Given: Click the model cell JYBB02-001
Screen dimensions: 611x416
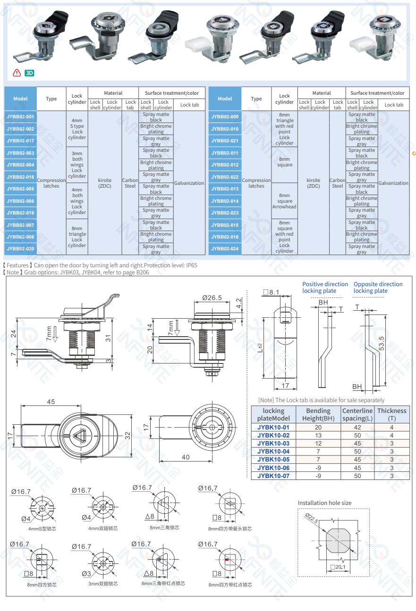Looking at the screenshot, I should pyautogui.click(x=20, y=116).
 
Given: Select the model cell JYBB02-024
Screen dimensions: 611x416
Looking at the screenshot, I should pyautogui.click(x=225, y=248).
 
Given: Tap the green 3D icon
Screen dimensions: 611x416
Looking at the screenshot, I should pyautogui.click(x=29, y=73).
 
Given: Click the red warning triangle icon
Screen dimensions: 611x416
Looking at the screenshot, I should pyautogui.click(x=17, y=73).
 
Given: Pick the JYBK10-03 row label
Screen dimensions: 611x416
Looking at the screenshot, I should pyautogui.click(x=273, y=444).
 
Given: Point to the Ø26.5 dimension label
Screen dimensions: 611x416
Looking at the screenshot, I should pyautogui.click(x=212, y=297).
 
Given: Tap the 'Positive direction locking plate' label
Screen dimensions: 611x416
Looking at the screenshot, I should pyautogui.click(x=325, y=287).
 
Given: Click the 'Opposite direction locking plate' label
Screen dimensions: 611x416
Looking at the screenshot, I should pyautogui.click(x=378, y=287).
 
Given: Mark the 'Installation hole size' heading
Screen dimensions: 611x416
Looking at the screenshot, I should pyautogui.click(x=324, y=503).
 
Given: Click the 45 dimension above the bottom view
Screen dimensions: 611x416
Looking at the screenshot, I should pyautogui.click(x=51, y=402).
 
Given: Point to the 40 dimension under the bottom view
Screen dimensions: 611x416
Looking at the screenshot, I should pyautogui.click(x=186, y=457).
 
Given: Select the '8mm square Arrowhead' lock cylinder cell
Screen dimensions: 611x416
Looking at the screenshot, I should pyautogui.click(x=284, y=201).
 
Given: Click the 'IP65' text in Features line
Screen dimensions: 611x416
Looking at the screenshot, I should pyautogui.click(x=191, y=265).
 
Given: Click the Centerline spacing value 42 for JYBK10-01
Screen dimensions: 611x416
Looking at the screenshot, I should pyautogui.click(x=357, y=428).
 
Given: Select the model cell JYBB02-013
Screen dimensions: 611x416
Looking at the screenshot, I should pyautogui.click(x=225, y=189).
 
